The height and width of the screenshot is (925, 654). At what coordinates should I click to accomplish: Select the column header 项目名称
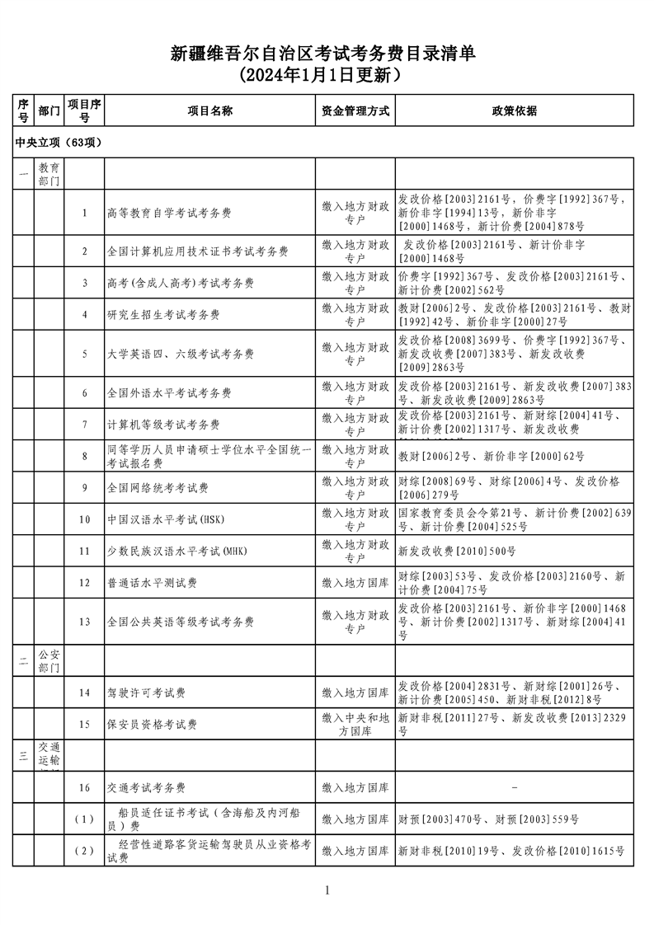[x=209, y=110]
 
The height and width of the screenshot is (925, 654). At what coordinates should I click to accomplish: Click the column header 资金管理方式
[x=355, y=110]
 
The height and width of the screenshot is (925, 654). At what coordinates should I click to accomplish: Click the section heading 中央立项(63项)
[x=59, y=143]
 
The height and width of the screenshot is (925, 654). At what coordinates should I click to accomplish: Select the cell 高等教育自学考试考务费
[x=169, y=214]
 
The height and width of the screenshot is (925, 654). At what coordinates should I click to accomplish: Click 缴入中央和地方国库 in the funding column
[x=355, y=725]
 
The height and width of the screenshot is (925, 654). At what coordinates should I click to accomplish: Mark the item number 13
[x=84, y=622]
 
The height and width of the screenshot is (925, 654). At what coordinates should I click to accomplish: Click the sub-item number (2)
[x=84, y=851]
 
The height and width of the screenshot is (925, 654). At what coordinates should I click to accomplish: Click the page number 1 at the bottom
[x=327, y=890]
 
